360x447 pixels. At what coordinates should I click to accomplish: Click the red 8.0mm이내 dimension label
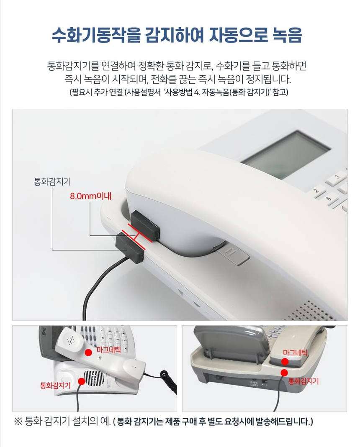pos(90,196)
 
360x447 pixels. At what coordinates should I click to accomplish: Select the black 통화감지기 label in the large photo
pos(52,181)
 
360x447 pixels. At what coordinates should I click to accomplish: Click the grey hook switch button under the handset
pos(233,255)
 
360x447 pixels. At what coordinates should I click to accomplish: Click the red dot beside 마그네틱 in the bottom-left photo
pos(88,352)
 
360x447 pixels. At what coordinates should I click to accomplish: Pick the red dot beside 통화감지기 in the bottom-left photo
pos(81,381)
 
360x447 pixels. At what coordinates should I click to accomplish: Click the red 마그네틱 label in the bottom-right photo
pos(295,352)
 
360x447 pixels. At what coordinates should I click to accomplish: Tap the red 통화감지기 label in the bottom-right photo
pos(303,381)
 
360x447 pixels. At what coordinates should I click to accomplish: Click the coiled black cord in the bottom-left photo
pos(167,382)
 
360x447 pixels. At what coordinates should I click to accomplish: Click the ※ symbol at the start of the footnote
pos(18,421)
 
